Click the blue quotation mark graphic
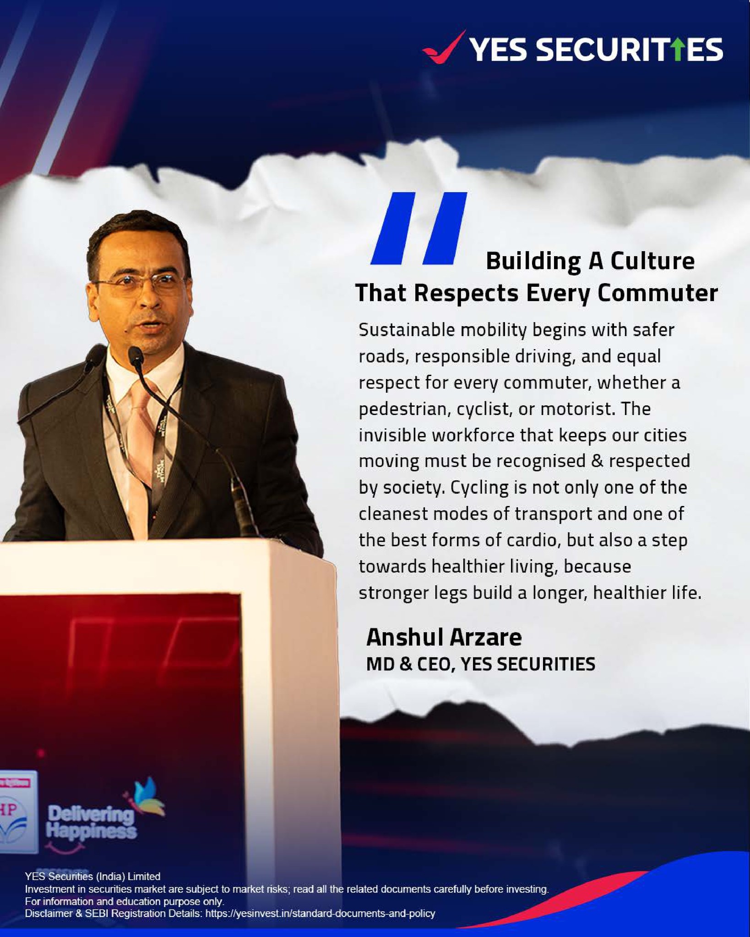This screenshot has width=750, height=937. point(418,228)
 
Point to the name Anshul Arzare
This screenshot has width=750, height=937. point(444,637)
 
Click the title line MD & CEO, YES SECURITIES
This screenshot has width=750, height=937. point(481,664)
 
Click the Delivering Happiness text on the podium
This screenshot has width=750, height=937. point(92,823)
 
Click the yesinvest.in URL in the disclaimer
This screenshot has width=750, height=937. point(320,913)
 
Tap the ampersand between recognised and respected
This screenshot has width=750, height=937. point(597,461)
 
